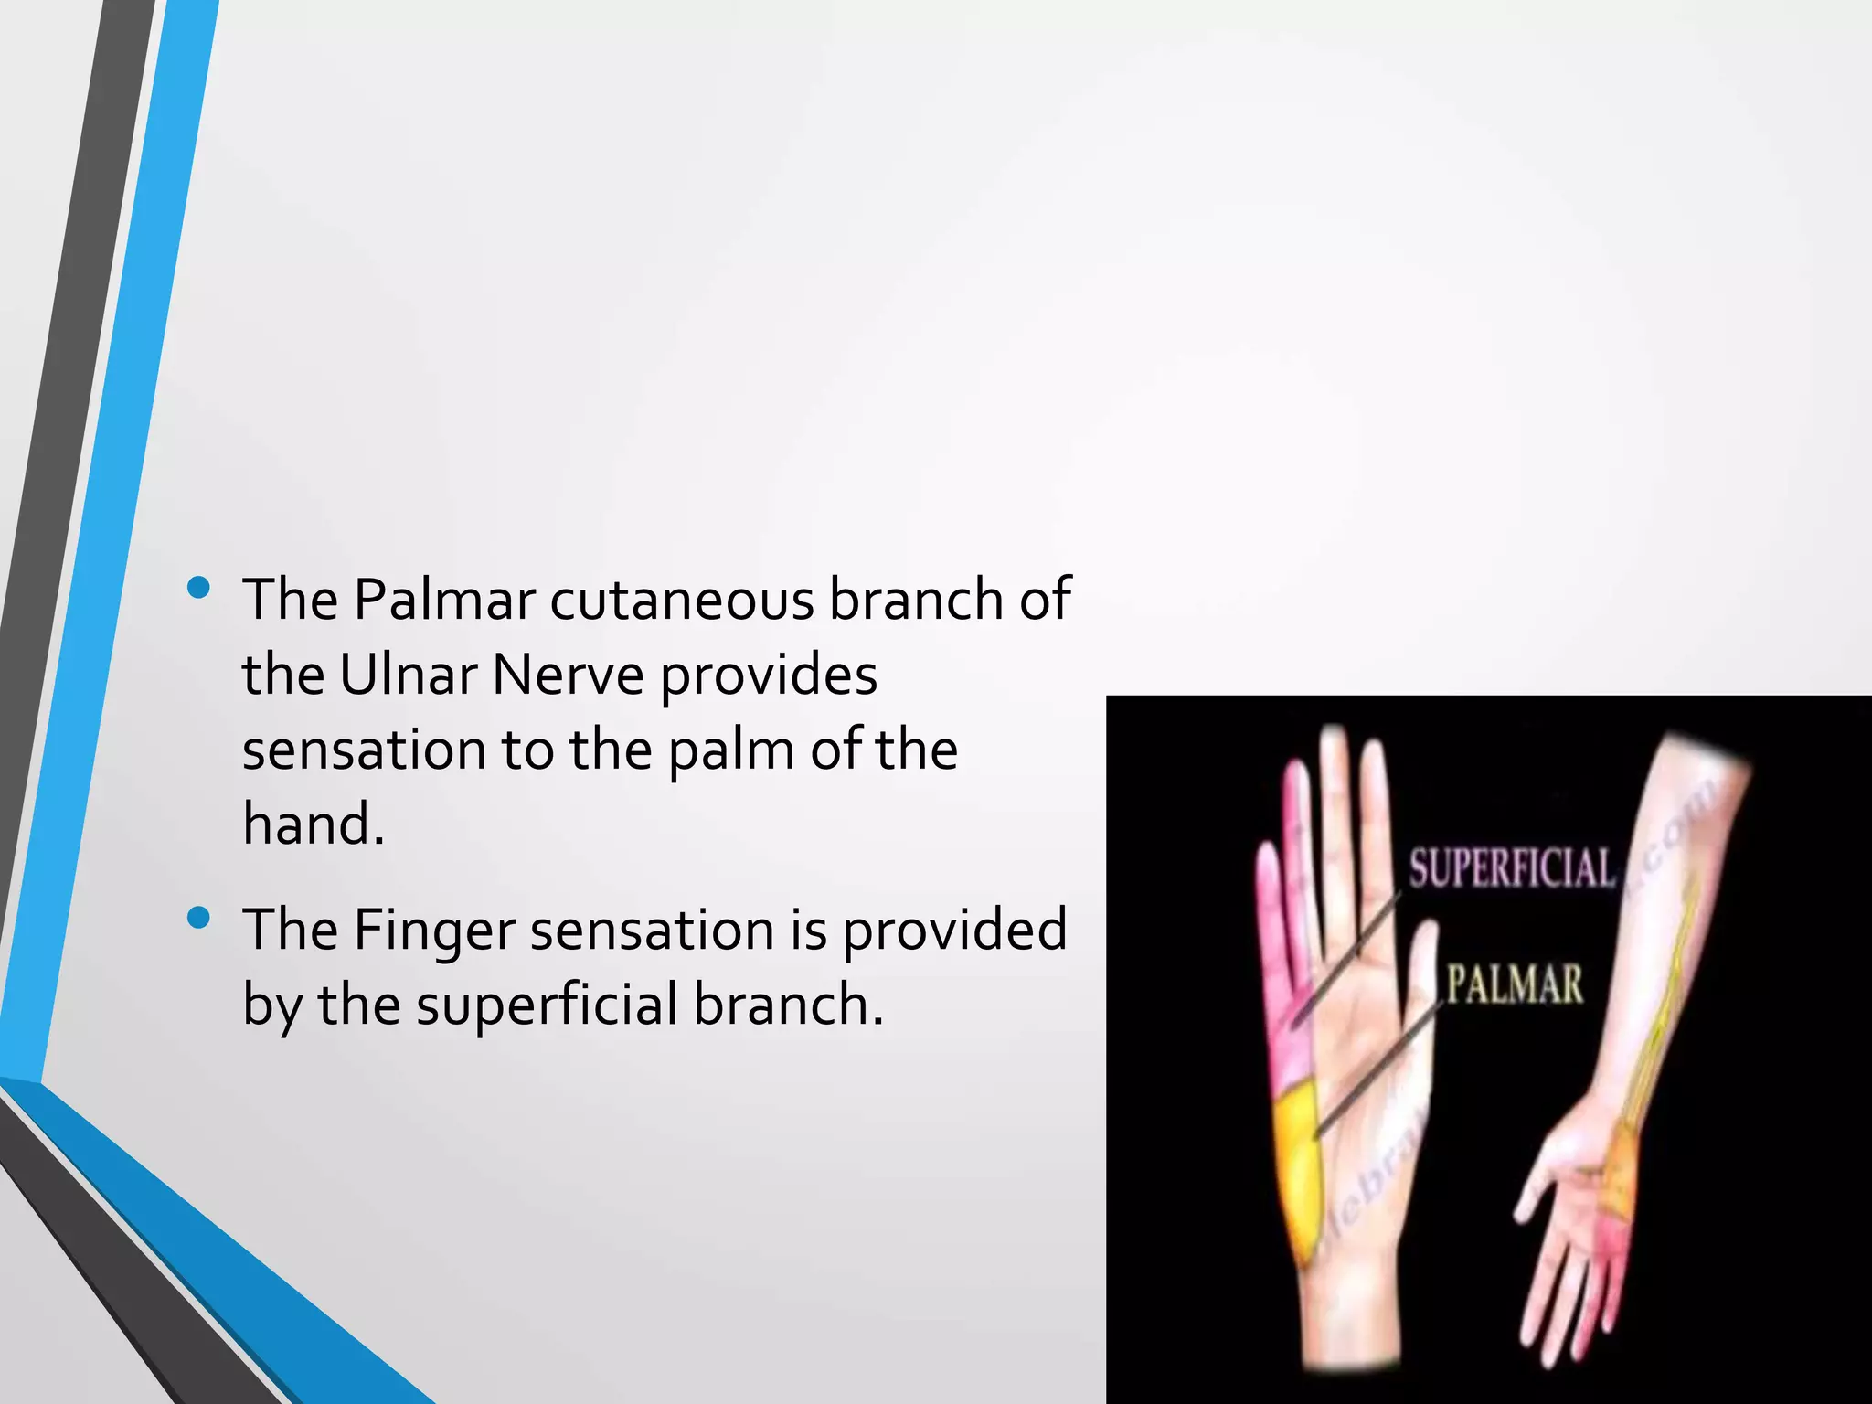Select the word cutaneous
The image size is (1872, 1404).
click(x=681, y=601)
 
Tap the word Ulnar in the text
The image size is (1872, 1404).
click(x=408, y=675)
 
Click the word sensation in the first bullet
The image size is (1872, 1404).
click(x=363, y=750)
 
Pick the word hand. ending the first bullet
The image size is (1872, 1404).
click(x=313, y=824)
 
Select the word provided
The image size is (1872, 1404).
click(x=953, y=931)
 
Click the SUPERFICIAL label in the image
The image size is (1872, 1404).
click(x=1510, y=868)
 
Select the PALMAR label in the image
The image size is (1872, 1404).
click(x=1514, y=985)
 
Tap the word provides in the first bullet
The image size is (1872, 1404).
click(x=768, y=675)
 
